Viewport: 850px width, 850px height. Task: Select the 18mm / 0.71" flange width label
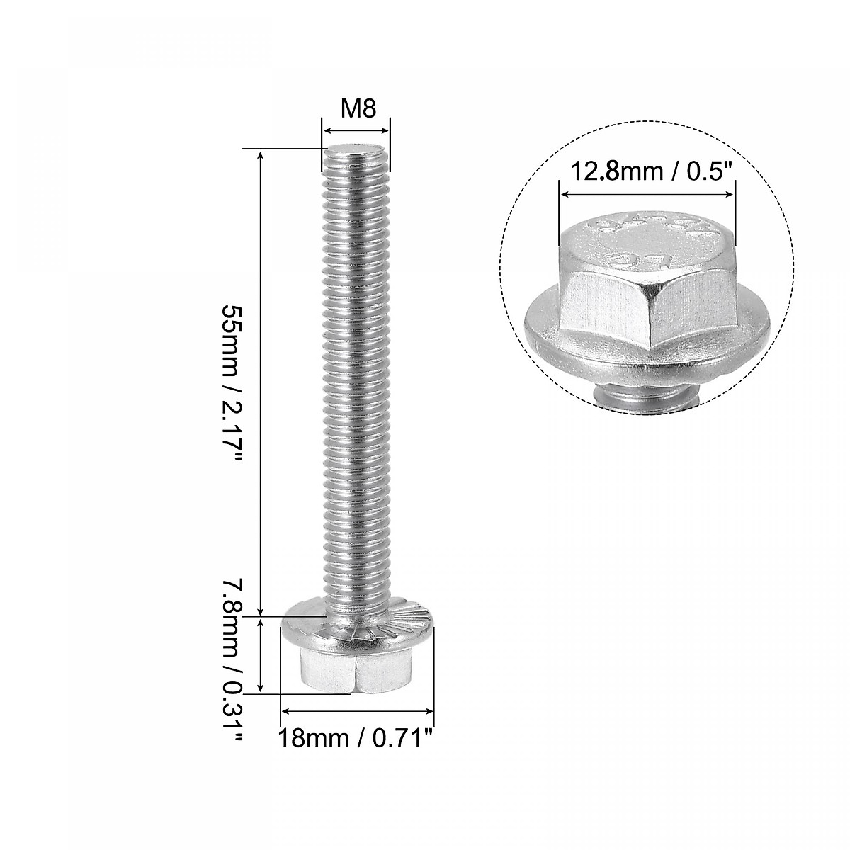[x=356, y=738]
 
